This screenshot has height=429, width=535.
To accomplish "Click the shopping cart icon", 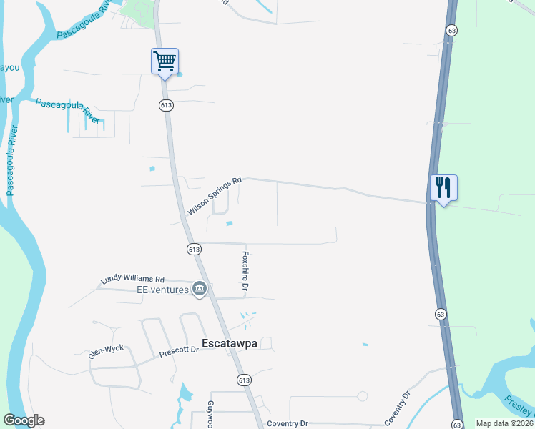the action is (x=165, y=61).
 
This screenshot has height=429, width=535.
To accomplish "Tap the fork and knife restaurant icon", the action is (x=443, y=188).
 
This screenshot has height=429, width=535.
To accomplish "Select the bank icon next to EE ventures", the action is (x=200, y=289).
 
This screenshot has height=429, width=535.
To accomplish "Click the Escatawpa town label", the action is (x=229, y=343).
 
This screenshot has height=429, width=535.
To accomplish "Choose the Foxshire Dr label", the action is (x=245, y=270).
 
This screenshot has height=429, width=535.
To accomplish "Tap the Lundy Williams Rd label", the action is (x=133, y=280).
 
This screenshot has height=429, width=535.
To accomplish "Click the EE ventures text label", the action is (x=162, y=290).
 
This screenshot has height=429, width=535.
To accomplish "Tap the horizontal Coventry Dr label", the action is (x=287, y=424).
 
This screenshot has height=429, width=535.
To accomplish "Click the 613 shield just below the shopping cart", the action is (x=166, y=105).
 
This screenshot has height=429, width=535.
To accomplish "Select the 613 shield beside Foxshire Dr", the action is (x=194, y=249).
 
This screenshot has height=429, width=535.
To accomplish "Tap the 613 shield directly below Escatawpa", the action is (x=244, y=380).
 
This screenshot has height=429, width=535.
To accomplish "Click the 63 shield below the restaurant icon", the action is (x=441, y=314).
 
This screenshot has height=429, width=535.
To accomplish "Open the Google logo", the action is (x=24, y=420).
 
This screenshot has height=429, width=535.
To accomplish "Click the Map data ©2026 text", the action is (x=504, y=423).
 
